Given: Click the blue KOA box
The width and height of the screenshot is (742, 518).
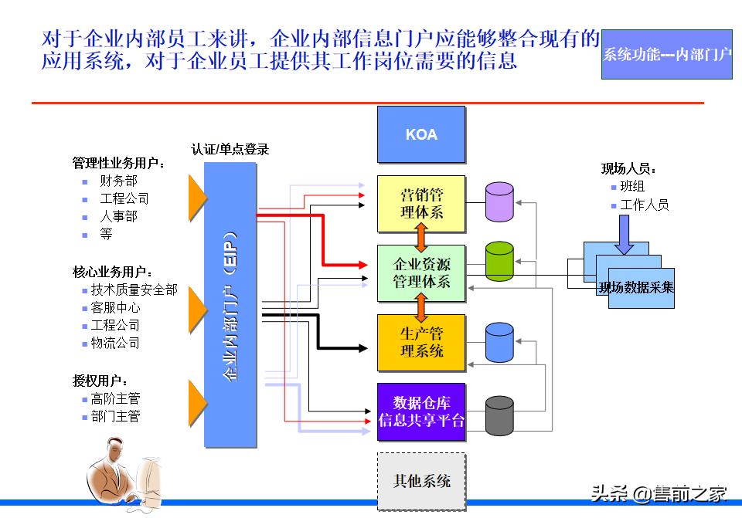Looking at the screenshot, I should click(421, 134).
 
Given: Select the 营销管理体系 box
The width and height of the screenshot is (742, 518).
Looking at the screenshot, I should click(421, 203).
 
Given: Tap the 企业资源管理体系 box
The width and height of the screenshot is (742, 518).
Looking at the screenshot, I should click(421, 273).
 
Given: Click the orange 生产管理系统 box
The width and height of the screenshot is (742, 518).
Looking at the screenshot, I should click(421, 342).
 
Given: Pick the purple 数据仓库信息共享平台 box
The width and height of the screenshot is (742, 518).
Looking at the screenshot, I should click(421, 411).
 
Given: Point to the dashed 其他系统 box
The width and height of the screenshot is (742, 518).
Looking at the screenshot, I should click(421, 481).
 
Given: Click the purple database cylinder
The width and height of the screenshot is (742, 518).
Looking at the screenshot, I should click(499, 201).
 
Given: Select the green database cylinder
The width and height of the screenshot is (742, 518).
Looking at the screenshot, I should click(499, 262).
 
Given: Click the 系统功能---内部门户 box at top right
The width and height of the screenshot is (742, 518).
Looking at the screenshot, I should click(666, 55).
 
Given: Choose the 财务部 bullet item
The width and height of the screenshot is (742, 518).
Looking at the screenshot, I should click(118, 181).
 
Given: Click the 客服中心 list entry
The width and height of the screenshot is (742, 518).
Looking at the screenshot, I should click(115, 307).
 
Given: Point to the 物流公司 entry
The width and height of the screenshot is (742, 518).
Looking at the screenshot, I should click(115, 343).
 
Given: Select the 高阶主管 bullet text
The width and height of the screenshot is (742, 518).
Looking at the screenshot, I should click(115, 399).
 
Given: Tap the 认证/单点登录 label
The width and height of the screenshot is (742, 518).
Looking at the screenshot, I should click(230, 150).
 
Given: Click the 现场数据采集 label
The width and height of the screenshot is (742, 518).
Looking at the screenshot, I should click(636, 288).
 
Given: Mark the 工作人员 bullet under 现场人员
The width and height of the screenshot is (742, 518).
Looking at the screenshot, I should click(644, 205).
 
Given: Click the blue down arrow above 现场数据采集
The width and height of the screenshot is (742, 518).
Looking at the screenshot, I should click(624, 235).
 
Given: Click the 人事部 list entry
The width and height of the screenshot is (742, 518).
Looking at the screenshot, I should click(118, 217).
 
